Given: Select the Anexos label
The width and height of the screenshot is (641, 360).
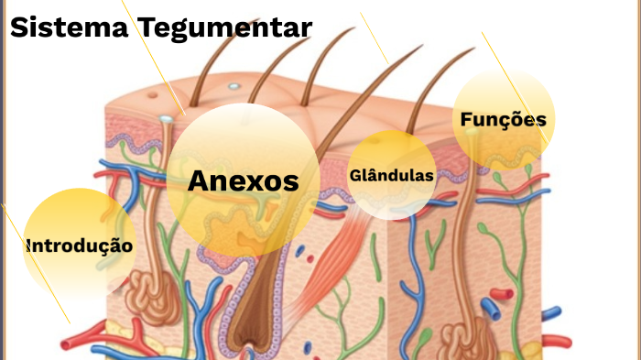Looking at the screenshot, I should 244,181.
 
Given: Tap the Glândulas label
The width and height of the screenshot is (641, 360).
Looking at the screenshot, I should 391,175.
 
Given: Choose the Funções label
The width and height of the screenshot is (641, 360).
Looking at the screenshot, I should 504,119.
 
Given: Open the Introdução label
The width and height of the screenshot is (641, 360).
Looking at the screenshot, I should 80,245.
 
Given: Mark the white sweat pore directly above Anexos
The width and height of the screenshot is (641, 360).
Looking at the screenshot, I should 234,86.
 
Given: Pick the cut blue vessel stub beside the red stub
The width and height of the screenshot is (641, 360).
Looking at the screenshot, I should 549,313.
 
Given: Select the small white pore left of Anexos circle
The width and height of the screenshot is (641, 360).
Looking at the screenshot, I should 166,118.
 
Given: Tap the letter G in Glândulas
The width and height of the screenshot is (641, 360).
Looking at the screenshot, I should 354,175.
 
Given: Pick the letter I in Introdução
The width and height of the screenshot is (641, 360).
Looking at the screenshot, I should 28,245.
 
